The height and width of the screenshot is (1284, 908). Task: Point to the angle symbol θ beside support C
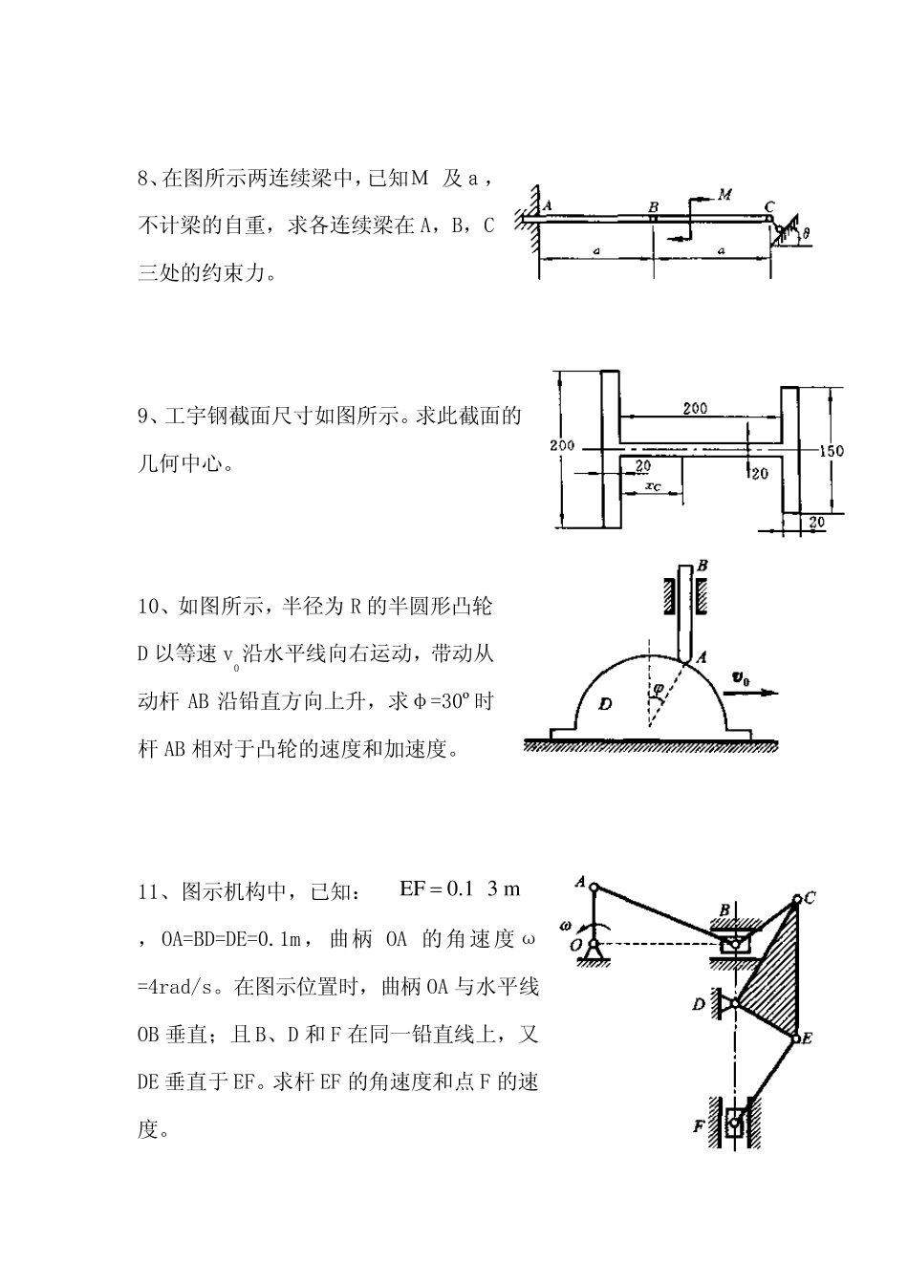[807, 232]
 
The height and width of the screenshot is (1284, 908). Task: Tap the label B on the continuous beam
[654, 206]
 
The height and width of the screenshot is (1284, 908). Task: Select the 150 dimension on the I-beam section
[832, 451]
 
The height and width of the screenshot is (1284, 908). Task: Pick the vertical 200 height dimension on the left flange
[563, 446]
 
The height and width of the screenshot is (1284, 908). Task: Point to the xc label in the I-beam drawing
[654, 486]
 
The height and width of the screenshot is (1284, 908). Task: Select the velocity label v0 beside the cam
[741, 678]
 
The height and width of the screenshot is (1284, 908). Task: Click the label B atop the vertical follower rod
[703, 566]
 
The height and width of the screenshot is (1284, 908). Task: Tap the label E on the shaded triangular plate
[807, 1038]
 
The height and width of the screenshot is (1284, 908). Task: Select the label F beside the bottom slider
[699, 1127]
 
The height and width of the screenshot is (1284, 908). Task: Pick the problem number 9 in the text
[143, 417]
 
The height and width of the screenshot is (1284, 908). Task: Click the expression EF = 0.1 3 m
[460, 889]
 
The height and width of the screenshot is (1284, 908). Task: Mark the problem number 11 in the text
[147, 892]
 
